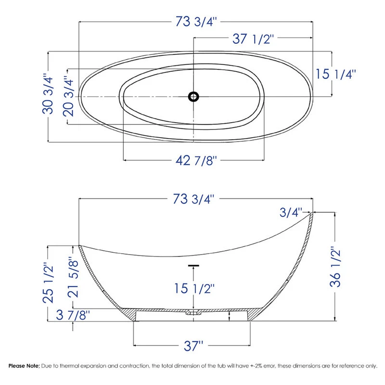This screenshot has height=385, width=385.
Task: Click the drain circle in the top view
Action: click(x=193, y=97)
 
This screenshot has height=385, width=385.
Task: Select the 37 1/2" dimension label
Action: click(x=253, y=39)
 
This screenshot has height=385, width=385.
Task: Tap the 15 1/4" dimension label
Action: click(x=335, y=74)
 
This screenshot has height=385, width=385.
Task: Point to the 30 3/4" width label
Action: click(x=48, y=94)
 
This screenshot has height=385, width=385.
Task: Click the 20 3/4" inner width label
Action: click(x=68, y=96)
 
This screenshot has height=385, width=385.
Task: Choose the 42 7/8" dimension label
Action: click(x=196, y=161)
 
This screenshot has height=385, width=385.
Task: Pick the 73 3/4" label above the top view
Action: click(x=196, y=21)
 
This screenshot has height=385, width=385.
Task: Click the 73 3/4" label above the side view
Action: click(x=194, y=199)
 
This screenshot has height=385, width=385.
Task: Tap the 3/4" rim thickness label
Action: click(x=291, y=212)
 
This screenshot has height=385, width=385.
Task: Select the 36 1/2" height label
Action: click(x=335, y=267)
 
